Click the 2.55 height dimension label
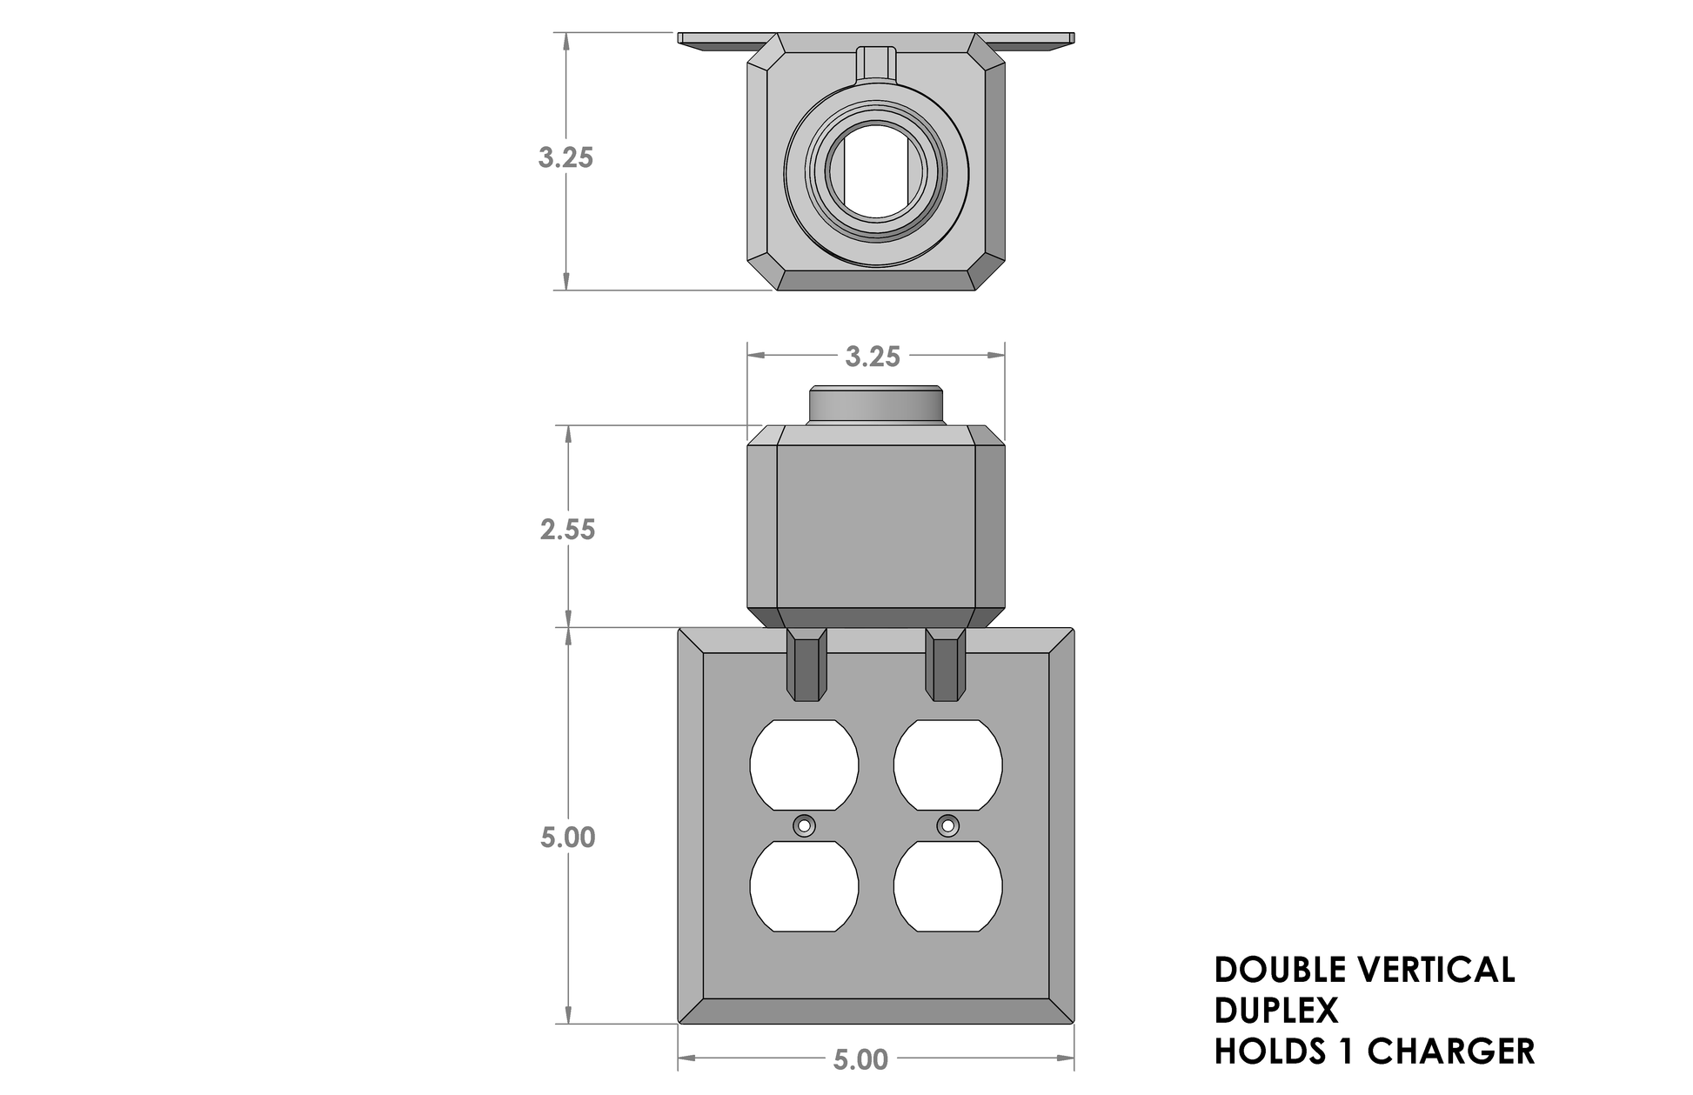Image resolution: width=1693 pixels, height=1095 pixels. pos(567,529)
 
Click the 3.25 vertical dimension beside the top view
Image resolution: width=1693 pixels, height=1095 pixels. pos(565,157)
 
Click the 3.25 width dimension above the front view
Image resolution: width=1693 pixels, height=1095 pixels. pos(873,357)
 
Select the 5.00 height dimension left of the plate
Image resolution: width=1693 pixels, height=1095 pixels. pos(567,838)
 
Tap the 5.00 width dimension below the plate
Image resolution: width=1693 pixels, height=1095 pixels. pos(860,1059)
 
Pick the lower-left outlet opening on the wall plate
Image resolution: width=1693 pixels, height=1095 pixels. pos(804,886)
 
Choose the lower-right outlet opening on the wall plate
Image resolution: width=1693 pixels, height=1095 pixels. pos(947,886)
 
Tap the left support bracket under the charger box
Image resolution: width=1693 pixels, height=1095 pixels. pos(806,665)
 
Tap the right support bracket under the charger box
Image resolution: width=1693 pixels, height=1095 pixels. pos(945,665)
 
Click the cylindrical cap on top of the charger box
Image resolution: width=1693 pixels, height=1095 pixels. pos(875,405)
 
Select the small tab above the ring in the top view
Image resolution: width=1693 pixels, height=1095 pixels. pos(876,63)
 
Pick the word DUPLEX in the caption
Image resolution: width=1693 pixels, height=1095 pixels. pos(1275,1011)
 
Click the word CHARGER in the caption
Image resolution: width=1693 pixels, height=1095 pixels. pos(1450,1052)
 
